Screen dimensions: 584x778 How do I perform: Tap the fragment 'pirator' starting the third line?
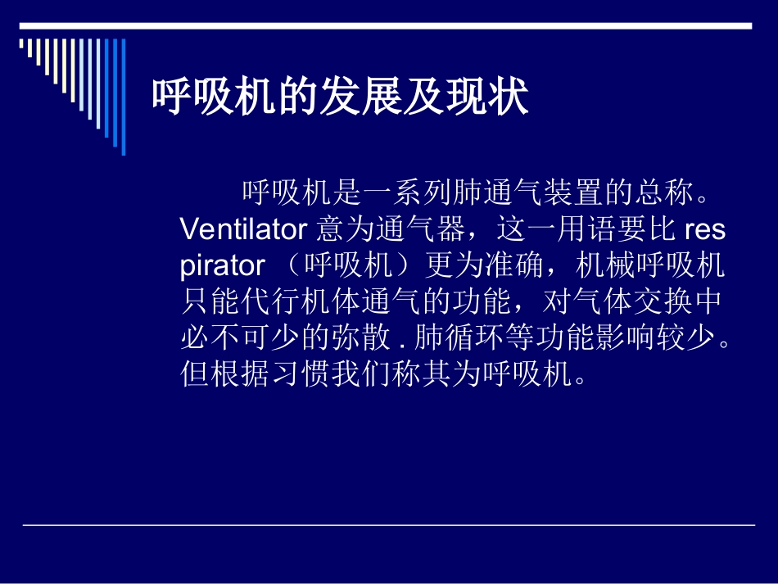(x=222, y=265)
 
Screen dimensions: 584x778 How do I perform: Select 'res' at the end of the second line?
(x=704, y=229)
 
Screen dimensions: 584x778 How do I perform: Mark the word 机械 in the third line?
(x=603, y=265)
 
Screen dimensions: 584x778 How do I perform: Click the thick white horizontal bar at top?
(x=385, y=26)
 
